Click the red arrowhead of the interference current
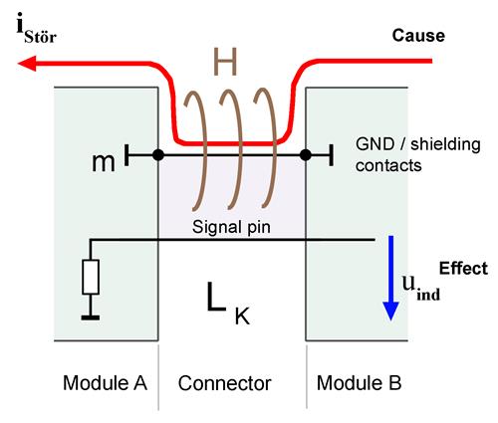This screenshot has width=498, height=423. click(27, 63)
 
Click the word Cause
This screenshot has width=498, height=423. click(418, 36)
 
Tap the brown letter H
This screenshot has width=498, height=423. click(225, 62)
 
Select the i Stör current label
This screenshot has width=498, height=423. click(37, 28)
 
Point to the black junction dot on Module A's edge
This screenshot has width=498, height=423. click(158, 155)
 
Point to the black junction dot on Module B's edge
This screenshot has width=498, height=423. click(306, 155)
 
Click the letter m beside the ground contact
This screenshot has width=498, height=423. click(104, 162)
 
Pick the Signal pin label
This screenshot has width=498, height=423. click(231, 227)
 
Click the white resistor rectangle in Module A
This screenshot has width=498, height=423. click(91, 277)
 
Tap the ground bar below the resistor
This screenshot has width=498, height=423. click(91, 317)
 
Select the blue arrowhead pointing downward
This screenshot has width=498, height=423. click(390, 312)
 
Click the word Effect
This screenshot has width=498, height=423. click(463, 268)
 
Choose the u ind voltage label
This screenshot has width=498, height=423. click(421, 288)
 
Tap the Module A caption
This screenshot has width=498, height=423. click(105, 383)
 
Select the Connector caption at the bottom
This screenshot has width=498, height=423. click(225, 383)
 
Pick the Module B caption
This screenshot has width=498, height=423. click(360, 383)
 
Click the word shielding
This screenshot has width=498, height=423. click(445, 145)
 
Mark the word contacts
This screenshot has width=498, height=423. click(388, 165)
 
